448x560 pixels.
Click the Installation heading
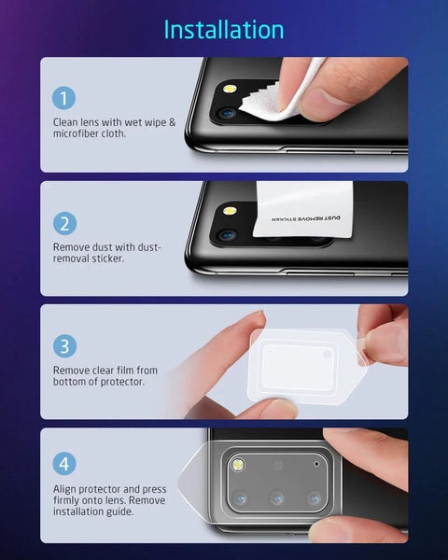pos(224,29)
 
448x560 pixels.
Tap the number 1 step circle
pos(64,98)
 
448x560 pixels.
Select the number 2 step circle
pos(64,223)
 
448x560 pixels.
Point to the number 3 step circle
pos(64,346)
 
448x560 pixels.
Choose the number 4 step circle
pos(64,464)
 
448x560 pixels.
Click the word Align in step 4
pos(67,487)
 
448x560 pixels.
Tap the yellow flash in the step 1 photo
pos(228,91)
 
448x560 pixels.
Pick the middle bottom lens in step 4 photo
pos(277,498)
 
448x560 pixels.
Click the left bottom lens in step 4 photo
pos(239,498)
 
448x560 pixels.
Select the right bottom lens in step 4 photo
pos(315,498)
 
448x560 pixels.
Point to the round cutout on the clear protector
pos(327,354)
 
